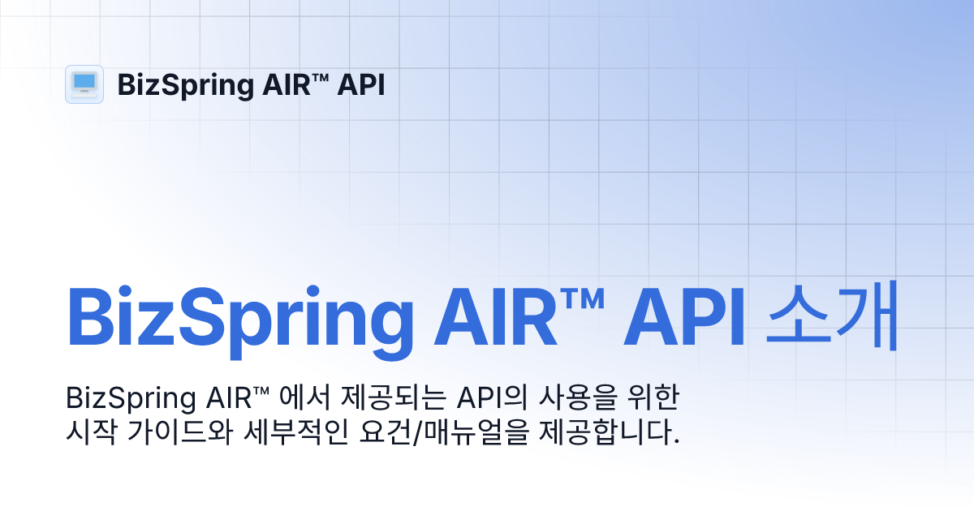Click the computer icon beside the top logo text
coord(84,84)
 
